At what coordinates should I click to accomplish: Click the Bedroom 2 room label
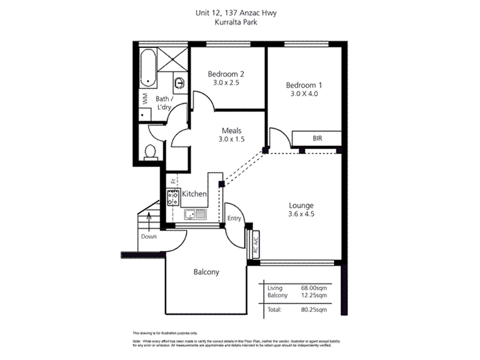(x=226, y=74)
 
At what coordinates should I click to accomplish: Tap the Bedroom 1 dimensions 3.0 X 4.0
(x=304, y=94)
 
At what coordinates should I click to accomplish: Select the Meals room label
(x=231, y=130)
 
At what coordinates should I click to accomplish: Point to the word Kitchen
(x=194, y=194)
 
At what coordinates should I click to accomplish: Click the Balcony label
(x=206, y=272)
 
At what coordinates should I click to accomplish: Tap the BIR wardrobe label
(x=317, y=138)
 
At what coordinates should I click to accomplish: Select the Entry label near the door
(x=235, y=218)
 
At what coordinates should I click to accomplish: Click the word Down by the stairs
(x=149, y=236)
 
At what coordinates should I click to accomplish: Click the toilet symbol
(x=151, y=152)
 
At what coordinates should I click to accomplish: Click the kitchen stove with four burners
(x=173, y=196)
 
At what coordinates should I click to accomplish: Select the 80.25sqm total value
(x=314, y=311)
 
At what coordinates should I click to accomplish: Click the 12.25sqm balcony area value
(x=314, y=295)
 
